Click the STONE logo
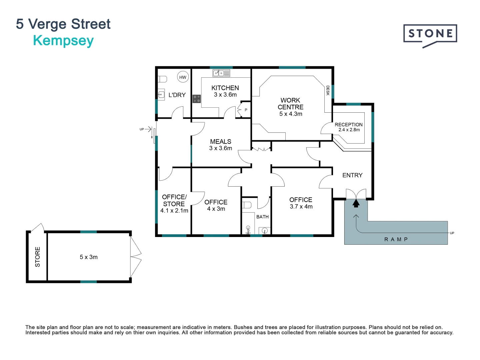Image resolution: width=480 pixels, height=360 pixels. click(430, 34)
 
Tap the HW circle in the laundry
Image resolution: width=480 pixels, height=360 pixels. click(183, 77)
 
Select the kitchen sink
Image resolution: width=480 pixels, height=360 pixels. click(221, 73)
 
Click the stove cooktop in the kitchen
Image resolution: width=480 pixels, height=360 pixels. click(197, 99)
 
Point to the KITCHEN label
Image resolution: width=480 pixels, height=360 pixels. click(225, 88)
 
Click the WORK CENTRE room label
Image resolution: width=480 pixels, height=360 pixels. click(290, 104)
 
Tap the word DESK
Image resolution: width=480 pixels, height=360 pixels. click(328, 90)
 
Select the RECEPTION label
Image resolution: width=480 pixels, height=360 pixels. click(349, 125)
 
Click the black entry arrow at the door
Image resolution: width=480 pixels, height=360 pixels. click(356, 203)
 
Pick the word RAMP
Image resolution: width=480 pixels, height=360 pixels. click(396, 239)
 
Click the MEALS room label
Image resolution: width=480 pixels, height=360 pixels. click(220, 142)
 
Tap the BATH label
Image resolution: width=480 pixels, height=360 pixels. click(262, 217)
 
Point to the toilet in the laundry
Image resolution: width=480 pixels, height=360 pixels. click(162, 79)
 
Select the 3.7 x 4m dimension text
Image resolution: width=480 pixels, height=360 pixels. click(301, 207)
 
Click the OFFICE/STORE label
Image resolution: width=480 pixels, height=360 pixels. click(174, 200)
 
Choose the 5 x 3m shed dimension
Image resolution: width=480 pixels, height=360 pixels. click(89, 257)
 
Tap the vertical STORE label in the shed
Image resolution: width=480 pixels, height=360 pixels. click(37, 257)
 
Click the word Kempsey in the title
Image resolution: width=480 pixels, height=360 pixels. click(63, 41)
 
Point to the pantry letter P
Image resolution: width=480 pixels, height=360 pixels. click(246, 110)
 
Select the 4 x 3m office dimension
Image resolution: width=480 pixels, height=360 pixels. click(216, 209)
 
